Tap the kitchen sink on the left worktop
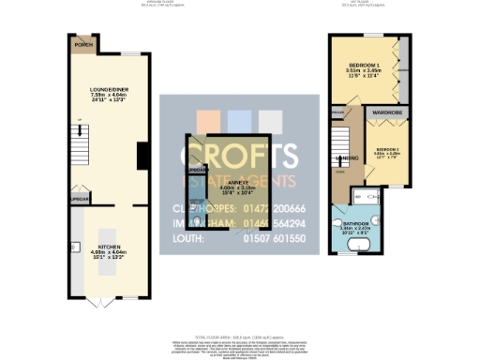[x=74, y=225]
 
